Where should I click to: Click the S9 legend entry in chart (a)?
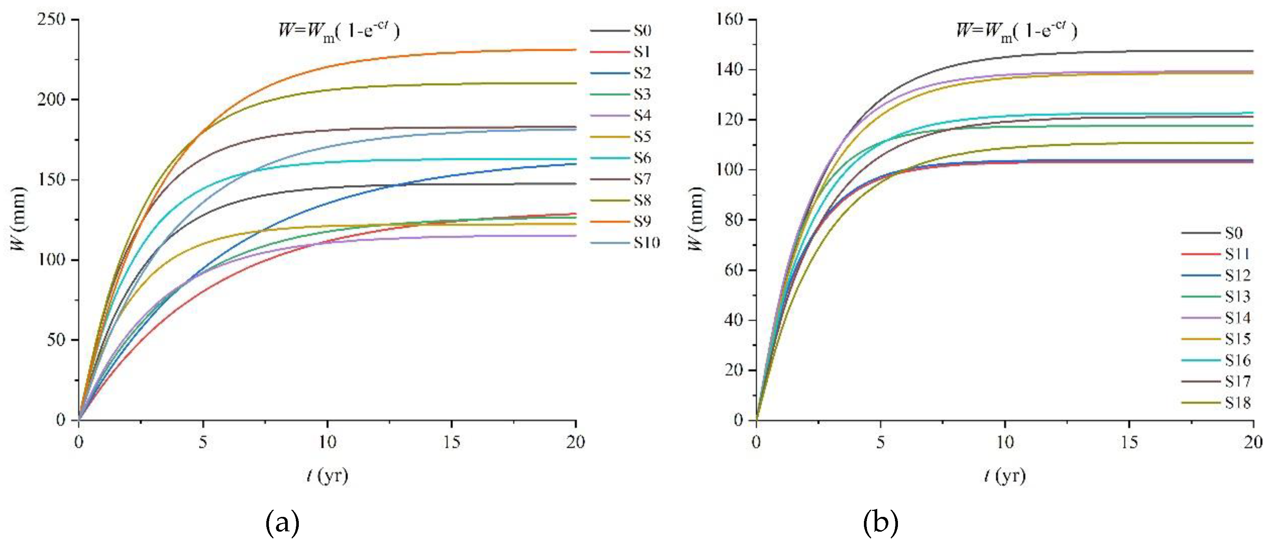click(641, 222)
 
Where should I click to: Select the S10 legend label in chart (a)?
click(646, 243)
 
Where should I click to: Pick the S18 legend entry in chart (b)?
click(1237, 403)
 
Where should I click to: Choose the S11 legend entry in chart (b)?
click(1237, 254)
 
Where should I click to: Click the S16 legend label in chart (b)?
click(1237, 360)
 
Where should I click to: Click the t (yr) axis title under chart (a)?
click(327, 475)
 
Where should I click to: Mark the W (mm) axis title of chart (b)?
click(696, 219)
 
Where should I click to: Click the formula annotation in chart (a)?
click(339, 31)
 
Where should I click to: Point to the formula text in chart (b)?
click(1017, 31)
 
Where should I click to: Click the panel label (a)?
click(282, 523)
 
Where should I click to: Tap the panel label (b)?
click(881, 523)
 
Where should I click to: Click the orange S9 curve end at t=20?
click(575, 50)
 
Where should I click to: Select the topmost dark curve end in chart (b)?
click(1252, 51)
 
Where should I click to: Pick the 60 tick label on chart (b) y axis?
click(733, 270)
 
